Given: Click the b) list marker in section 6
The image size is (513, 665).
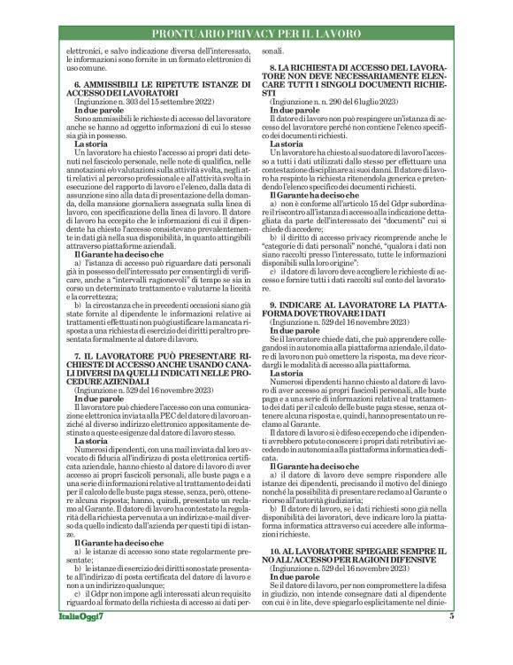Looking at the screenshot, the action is pos(80,284).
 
